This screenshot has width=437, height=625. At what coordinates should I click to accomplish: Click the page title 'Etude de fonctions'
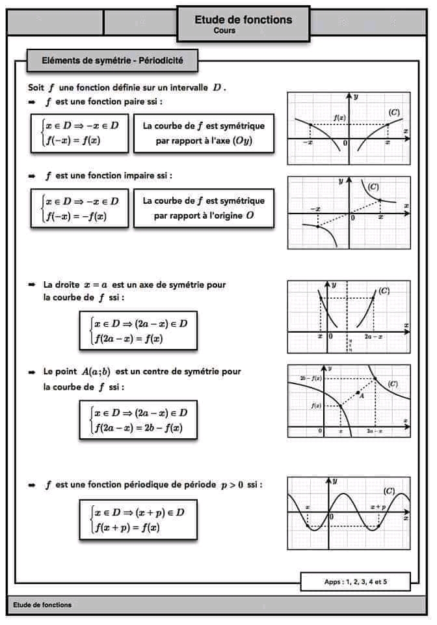(x=243, y=20)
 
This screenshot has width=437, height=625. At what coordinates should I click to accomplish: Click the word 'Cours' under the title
(x=224, y=31)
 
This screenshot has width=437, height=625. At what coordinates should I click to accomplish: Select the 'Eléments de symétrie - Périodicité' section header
(x=112, y=61)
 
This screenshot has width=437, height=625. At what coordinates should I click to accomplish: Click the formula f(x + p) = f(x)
(x=127, y=527)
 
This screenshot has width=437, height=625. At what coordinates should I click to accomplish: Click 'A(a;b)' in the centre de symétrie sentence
(x=96, y=372)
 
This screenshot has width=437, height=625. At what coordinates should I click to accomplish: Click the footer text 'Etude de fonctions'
(x=42, y=605)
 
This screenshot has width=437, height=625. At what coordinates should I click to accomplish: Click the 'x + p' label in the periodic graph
(x=378, y=506)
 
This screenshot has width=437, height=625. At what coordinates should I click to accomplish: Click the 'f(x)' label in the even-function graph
(x=339, y=117)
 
